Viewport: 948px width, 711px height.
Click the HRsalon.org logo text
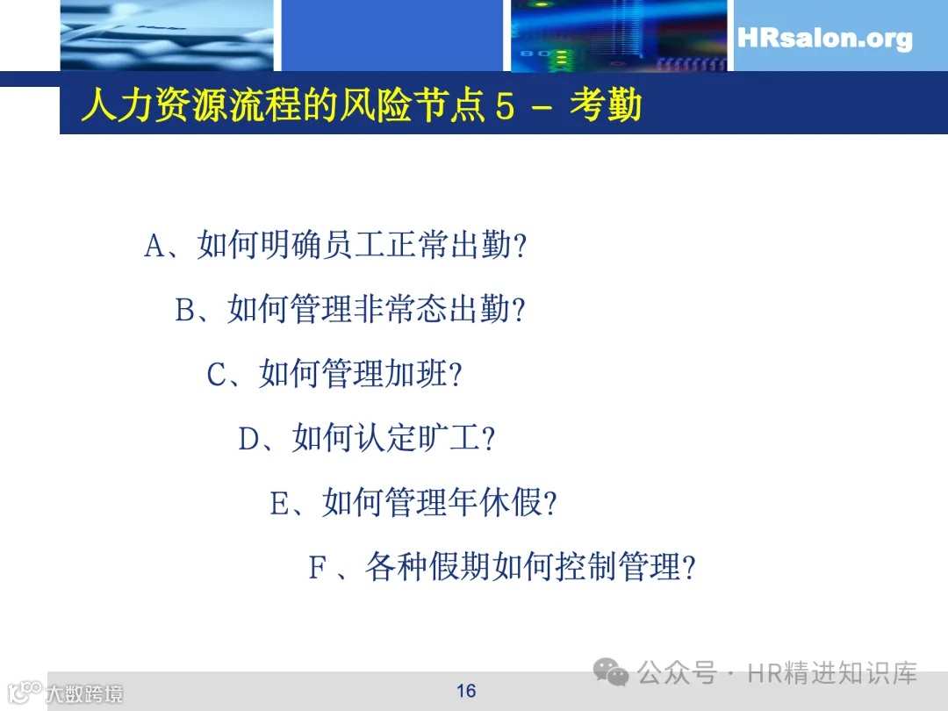(x=824, y=39)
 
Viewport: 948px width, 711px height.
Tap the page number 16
(x=466, y=691)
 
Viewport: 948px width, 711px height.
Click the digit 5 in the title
(x=504, y=106)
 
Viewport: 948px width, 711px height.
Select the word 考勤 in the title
(x=605, y=106)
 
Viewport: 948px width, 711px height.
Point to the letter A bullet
(x=154, y=247)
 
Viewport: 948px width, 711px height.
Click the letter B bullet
(x=185, y=311)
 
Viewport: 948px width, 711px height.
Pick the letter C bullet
(x=217, y=376)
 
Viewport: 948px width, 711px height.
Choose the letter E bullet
(x=279, y=505)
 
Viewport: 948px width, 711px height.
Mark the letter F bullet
(x=317, y=569)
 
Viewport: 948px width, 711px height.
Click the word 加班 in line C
(x=416, y=376)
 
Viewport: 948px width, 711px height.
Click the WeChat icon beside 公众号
(x=611, y=674)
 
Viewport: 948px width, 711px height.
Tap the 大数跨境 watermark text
(x=84, y=693)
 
